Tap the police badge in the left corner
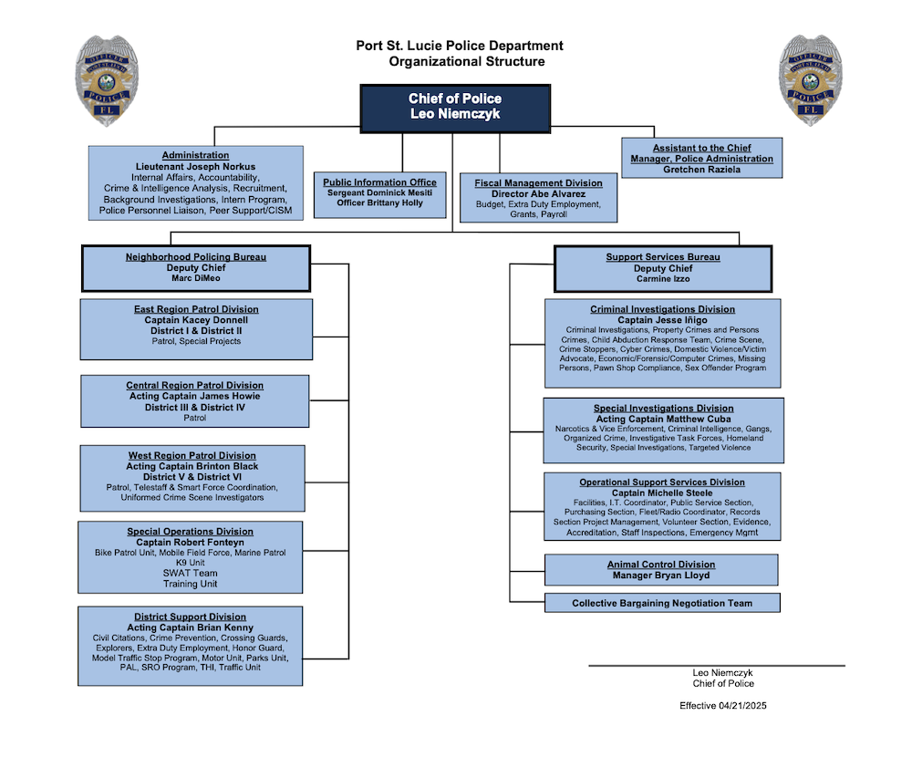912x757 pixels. click(108, 79)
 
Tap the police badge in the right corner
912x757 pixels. click(810, 79)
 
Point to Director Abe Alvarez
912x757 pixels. click(538, 194)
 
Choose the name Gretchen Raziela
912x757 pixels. click(701, 170)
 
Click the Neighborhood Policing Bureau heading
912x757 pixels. click(195, 257)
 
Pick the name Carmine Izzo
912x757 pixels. click(663, 279)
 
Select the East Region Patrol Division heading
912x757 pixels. click(196, 309)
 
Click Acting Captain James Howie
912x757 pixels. click(194, 397)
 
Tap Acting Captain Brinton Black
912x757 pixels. click(192, 466)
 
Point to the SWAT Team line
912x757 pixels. click(190, 573)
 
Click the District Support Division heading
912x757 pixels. click(190, 617)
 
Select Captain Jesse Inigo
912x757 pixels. click(662, 320)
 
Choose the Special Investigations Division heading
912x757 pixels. click(663, 409)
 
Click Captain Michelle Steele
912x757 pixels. click(662, 493)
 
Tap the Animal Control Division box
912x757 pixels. click(661, 570)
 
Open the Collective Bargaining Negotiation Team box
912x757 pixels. click(662, 603)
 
